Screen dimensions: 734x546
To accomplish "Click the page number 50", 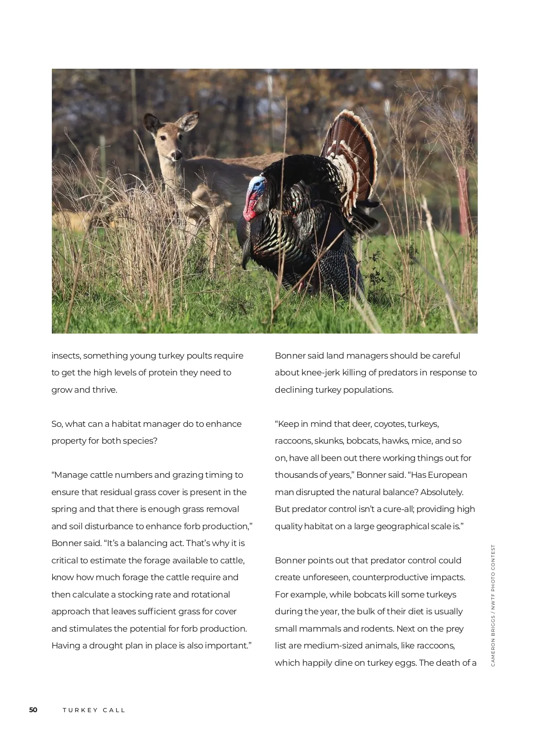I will coord(33,709).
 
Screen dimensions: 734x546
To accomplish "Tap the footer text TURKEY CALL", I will coord(94,710).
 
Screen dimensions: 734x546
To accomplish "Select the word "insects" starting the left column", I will coord(66,356).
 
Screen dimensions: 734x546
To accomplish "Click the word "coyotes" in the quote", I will coord(389,424).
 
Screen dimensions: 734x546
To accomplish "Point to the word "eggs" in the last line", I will coord(406,663).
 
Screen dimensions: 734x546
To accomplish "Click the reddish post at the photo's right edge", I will coord(463,200).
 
